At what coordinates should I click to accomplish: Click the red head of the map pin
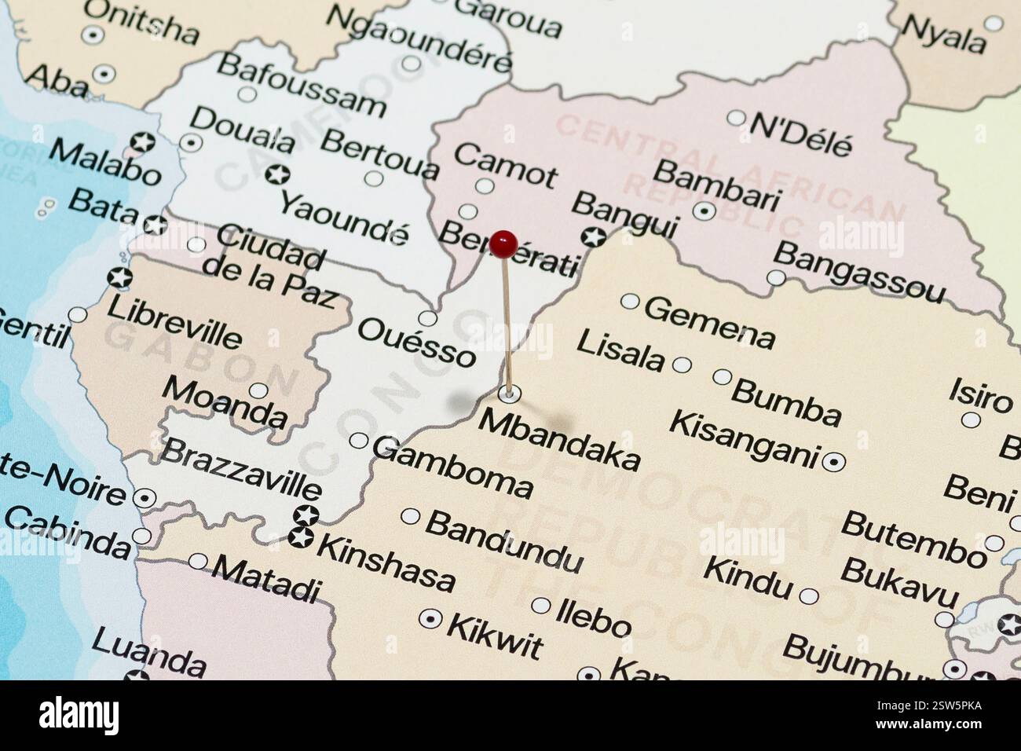(503, 244)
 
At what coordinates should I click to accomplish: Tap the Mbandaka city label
(559, 439)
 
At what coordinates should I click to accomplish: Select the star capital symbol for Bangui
(593, 236)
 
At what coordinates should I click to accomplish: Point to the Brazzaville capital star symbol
(306, 515)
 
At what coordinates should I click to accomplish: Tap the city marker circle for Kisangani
(833, 462)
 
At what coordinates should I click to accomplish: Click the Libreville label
(174, 322)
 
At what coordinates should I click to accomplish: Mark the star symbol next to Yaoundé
(276, 174)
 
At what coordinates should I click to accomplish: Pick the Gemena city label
(709, 321)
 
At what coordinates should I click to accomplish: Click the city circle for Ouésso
(427, 318)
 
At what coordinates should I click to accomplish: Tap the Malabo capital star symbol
(142, 143)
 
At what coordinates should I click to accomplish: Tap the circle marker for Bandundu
(411, 516)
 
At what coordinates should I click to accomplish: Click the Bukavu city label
(899, 582)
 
